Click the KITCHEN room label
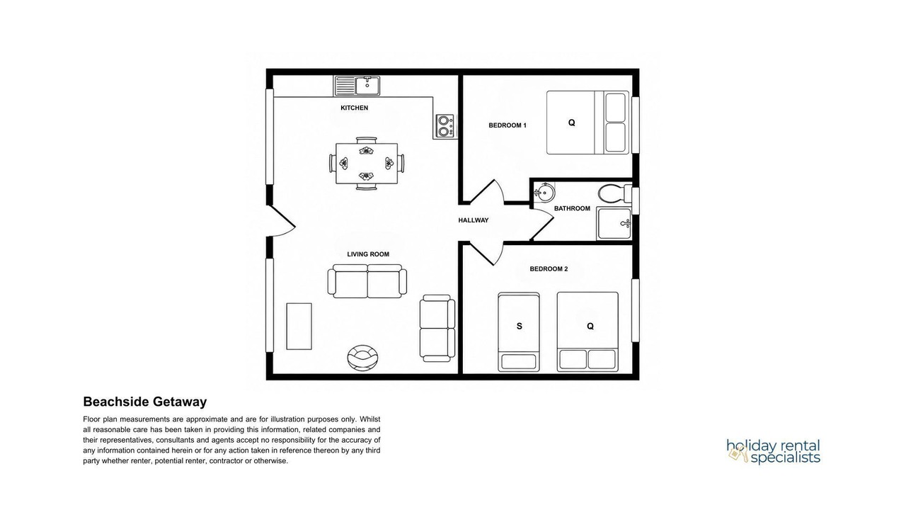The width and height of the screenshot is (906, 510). pyautogui.click(x=355, y=108)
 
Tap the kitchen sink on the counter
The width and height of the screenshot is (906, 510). pyautogui.click(x=357, y=86)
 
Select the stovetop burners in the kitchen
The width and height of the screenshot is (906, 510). pyautogui.click(x=445, y=126)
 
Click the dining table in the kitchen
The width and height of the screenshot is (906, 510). pyautogui.click(x=367, y=164)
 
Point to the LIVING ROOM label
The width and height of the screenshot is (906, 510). pyautogui.click(x=368, y=254)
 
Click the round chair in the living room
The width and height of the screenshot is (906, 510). pyautogui.click(x=363, y=357)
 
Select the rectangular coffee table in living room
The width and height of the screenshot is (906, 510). pyautogui.click(x=299, y=327)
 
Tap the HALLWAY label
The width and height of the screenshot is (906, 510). pyautogui.click(x=474, y=220)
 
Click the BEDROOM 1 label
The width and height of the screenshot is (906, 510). pyautogui.click(x=508, y=125)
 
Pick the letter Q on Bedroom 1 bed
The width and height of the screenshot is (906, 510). pyautogui.click(x=571, y=123)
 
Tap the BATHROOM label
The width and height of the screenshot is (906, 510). pyautogui.click(x=572, y=208)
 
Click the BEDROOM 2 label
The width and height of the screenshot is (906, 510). pyautogui.click(x=549, y=268)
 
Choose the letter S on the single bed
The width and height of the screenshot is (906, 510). pyautogui.click(x=520, y=327)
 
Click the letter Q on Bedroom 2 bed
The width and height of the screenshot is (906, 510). pyautogui.click(x=590, y=327)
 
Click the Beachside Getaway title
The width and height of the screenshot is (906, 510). pyautogui.click(x=145, y=402)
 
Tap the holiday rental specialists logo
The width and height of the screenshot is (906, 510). pyautogui.click(x=774, y=451)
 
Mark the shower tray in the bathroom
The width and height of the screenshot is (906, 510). pyautogui.click(x=614, y=223)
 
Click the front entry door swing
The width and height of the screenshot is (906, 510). pyautogui.click(x=282, y=220)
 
